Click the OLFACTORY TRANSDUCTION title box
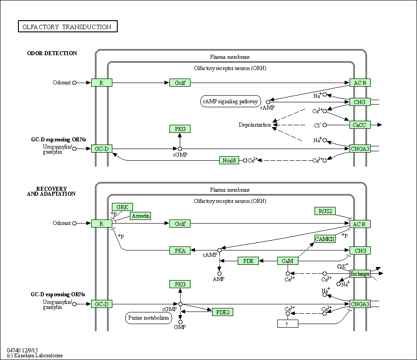[68, 26]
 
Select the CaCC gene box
[360, 125]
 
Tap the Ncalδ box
[229, 160]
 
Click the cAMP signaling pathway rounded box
[231, 101]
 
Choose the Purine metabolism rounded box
[149, 318]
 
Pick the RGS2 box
[325, 211]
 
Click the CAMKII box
[325, 239]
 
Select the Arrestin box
[140, 216]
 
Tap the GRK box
[122, 207]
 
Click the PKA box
[180, 250]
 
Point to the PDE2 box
[222, 312]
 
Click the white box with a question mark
[288, 324]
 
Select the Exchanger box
[360, 274]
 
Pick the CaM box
[288, 261]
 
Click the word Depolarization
[255, 125]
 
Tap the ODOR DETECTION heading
[52, 53]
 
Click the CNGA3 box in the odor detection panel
[360, 149]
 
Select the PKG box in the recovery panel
[180, 284]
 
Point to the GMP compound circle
[180, 322]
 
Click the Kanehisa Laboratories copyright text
[35, 356]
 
